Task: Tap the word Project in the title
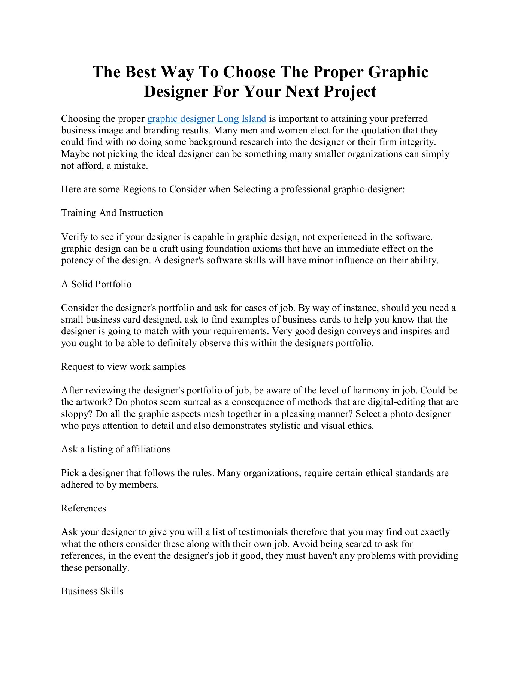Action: (x=350, y=91)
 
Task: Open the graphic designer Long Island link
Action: (x=207, y=119)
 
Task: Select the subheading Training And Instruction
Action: (x=112, y=213)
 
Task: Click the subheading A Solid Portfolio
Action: (x=96, y=284)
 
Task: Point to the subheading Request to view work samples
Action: (x=123, y=366)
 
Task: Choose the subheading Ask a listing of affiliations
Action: (x=116, y=449)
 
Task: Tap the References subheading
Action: (x=84, y=508)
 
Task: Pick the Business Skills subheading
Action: (x=92, y=591)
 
